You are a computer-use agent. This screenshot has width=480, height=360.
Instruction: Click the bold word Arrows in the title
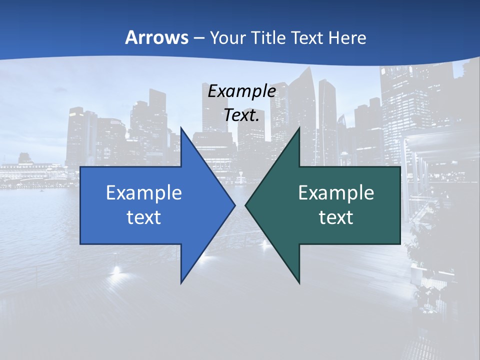point(156,37)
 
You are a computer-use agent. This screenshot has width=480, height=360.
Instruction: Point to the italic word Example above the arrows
point(241,91)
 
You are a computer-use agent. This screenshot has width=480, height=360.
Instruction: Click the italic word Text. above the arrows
point(241,115)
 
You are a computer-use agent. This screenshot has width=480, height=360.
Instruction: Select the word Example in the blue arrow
point(144,192)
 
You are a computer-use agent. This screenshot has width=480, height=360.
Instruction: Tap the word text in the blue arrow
point(144,217)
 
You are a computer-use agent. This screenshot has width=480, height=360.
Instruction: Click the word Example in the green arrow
point(336,192)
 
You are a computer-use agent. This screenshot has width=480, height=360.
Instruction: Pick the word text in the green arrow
point(336,217)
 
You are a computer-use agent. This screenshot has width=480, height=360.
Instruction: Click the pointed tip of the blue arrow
point(235,205)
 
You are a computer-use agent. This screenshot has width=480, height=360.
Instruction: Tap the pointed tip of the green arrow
point(245,205)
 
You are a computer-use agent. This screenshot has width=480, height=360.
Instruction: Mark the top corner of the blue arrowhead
point(181,127)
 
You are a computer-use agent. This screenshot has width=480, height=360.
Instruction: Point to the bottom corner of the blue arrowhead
point(181,283)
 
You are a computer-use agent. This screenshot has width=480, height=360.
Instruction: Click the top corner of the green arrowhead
point(299,127)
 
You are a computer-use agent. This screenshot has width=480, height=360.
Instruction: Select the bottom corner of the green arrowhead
point(299,283)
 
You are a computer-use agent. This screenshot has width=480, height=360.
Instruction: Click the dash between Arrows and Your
point(198,38)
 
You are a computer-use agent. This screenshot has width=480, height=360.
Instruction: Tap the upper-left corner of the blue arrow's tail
point(80,167)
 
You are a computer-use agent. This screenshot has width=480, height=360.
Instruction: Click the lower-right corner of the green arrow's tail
point(400,244)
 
